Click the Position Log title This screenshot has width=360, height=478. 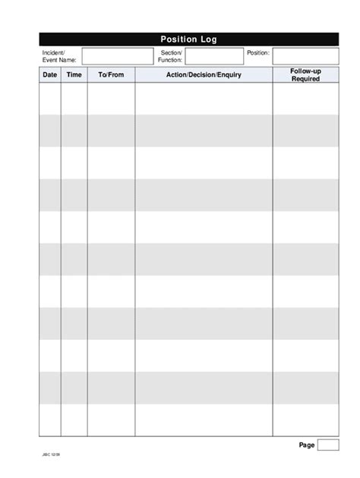tap(189, 39)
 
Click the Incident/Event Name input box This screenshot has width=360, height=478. tap(117, 55)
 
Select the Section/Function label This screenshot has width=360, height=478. tap(170, 55)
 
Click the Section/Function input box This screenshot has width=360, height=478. tap(214, 55)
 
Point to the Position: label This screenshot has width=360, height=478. tap(257, 52)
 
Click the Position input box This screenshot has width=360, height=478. tap(305, 55)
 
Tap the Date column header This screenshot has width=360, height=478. tap(50, 75)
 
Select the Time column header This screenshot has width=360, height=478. tap(74, 75)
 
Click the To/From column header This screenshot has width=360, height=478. tap(111, 75)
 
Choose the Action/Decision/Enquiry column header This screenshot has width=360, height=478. tap(204, 75)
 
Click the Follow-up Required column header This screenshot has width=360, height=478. tap(305, 74)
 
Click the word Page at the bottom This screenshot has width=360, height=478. tap(306, 445)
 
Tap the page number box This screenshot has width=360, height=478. tap(328, 445)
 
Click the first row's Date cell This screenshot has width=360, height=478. tap(50, 99)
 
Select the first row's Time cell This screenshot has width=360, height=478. tap(74, 99)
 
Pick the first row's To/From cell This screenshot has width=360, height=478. tap(111, 99)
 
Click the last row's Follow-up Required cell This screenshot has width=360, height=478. tap(305, 420)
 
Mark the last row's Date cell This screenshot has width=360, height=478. tap(50, 420)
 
